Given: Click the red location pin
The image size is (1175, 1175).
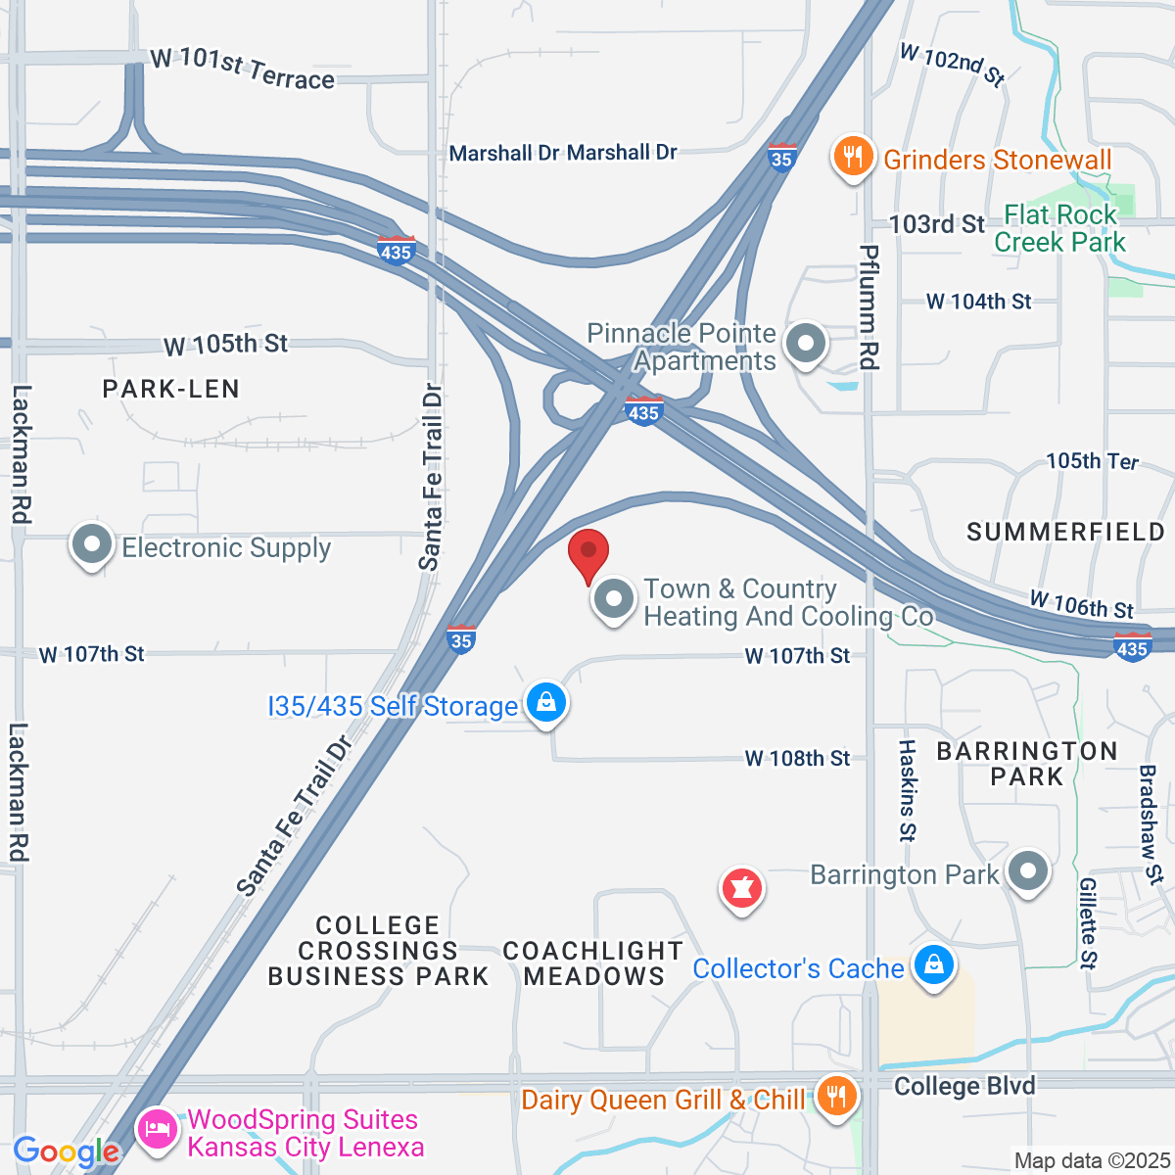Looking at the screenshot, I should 588,554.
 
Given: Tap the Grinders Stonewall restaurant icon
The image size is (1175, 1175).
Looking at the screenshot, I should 853,157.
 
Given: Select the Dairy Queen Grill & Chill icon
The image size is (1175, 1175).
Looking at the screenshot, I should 834,1098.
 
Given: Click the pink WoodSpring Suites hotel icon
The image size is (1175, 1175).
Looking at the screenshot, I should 158,1131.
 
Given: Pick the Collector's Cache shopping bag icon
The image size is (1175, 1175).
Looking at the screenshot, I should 933,965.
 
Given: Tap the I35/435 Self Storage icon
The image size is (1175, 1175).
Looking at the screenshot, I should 546,702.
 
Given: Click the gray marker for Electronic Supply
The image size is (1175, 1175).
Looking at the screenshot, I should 93,545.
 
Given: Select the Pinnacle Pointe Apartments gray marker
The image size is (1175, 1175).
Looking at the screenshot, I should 807,345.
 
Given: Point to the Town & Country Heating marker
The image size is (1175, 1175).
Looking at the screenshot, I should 614,598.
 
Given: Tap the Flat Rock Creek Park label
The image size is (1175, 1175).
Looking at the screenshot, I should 1060,228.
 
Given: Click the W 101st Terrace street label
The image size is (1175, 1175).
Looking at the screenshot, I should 243,69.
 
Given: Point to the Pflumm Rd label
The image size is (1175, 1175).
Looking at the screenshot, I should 869,307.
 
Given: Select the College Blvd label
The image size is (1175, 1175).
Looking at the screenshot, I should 964,1086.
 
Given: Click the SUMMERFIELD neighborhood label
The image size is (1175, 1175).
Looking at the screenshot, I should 1065,532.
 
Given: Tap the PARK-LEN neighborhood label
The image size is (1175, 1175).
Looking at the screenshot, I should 171,389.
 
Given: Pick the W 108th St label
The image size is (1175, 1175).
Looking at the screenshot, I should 798,758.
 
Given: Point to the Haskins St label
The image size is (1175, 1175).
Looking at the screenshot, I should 908,791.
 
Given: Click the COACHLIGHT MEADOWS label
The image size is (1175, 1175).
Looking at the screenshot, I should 592,963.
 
